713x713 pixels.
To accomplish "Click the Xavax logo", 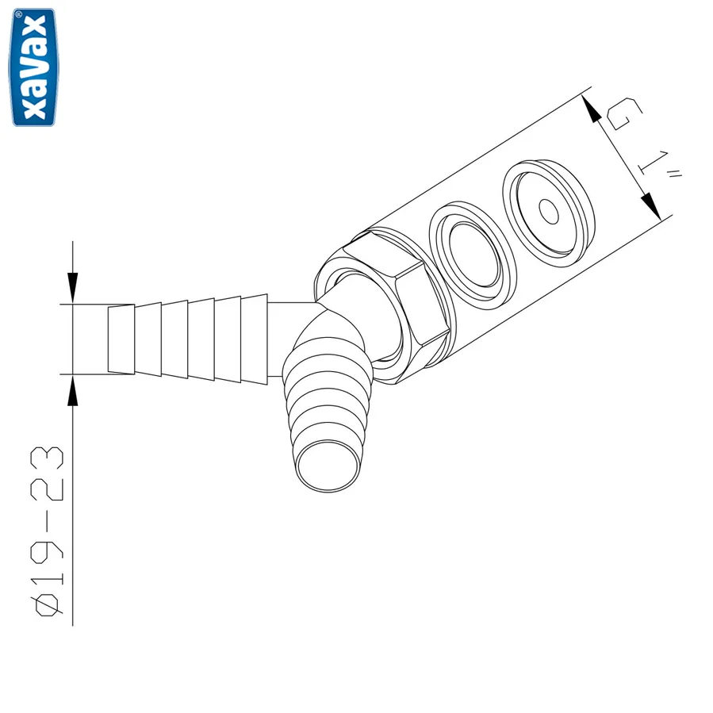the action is tap(33, 67).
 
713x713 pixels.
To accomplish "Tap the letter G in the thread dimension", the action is tap(625, 113).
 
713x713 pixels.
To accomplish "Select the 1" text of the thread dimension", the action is tap(658, 165).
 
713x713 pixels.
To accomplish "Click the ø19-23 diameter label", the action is tap(48, 531).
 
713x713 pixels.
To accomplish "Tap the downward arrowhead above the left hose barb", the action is tap(73, 287).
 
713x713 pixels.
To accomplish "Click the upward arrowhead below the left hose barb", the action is tap(73, 390).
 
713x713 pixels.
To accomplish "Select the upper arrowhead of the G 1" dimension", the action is tap(592, 108).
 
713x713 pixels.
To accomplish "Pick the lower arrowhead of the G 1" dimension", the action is tap(652, 206).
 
